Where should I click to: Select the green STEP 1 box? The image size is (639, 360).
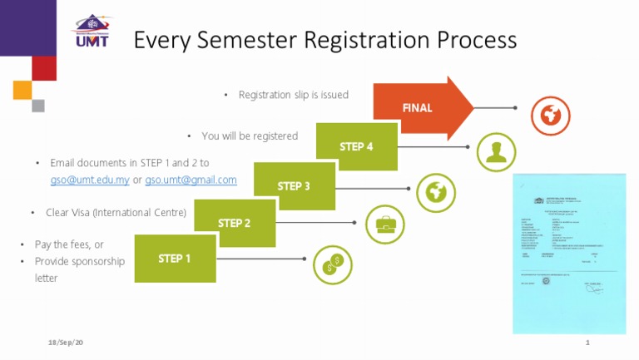coord(175,259)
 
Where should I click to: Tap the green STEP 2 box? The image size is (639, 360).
coord(234,223)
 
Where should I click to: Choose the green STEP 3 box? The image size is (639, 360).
coord(294,186)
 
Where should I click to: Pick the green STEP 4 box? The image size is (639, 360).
coord(356,147)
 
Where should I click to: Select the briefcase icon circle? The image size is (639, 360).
coord(385,223)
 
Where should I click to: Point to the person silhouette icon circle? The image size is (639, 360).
coord(496,152)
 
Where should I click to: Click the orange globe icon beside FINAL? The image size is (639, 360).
coord(548,116)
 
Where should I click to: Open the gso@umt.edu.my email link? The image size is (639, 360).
coord(90,180)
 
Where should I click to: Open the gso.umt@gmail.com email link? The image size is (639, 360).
coord(191,180)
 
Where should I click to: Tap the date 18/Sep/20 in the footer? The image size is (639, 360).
coord(67,343)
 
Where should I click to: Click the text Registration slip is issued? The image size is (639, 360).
coord(293,96)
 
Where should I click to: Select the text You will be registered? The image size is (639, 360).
coord(250,136)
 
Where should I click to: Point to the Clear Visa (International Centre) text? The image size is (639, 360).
coord(116,213)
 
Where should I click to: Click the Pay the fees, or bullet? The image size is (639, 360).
coord(69,244)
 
